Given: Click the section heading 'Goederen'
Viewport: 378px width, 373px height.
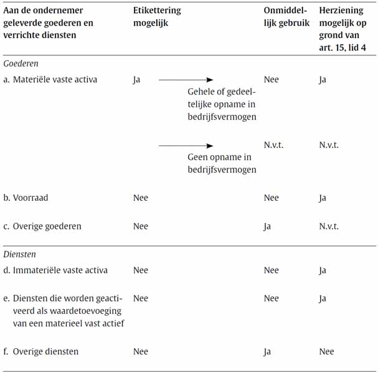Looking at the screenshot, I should tap(21, 63).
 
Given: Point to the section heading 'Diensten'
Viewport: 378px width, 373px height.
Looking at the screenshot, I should tap(19, 254).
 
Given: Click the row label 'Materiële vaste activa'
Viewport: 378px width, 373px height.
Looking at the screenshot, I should tap(55, 80).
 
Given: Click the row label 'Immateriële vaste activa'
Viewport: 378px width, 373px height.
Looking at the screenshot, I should tap(60, 270).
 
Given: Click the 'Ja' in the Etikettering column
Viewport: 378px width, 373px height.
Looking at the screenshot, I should tap(137, 80).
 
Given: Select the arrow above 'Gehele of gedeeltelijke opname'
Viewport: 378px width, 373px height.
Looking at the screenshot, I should tap(186, 80).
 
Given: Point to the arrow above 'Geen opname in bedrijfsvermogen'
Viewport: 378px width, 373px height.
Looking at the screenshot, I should tap(186, 145).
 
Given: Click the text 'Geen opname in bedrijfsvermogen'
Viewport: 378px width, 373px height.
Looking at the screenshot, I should tap(222, 163).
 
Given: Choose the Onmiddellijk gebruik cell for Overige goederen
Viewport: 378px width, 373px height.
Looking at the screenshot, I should tap(267, 226).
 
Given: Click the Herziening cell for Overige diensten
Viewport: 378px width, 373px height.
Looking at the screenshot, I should tap(326, 352).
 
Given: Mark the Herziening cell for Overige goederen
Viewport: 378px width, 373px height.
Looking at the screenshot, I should tap(328, 226).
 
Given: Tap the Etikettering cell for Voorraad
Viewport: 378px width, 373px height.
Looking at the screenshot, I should tap(141, 198).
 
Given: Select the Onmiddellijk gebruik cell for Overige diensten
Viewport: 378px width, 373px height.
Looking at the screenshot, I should tap(267, 352).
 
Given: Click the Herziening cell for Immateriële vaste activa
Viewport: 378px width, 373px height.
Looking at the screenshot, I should tap(323, 270).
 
